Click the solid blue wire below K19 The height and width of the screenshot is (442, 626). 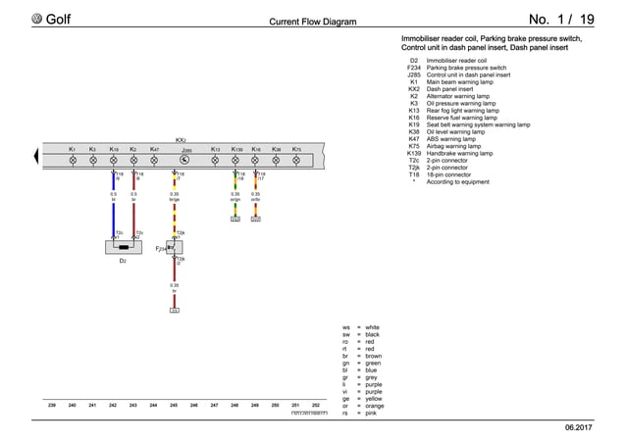tap(114, 211)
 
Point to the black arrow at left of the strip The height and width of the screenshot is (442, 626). tap(38, 153)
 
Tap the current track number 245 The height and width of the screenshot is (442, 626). tap(174, 405)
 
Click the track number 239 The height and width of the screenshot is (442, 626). tap(52, 405)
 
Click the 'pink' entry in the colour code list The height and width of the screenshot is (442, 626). tap(373, 414)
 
